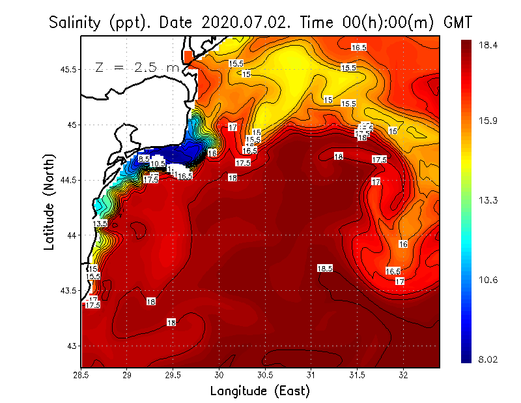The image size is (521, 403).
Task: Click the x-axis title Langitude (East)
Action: click(260, 391)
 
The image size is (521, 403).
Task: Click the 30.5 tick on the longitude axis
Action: click(265, 375)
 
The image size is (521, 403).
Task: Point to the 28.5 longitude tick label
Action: click(81, 375)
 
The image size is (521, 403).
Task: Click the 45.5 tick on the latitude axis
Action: click(68, 69)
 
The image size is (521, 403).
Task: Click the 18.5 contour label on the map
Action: click(325, 268)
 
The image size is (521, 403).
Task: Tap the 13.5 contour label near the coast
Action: click(100, 224)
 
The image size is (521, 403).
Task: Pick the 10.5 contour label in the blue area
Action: click(158, 164)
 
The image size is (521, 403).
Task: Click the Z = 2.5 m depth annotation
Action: click(137, 67)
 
